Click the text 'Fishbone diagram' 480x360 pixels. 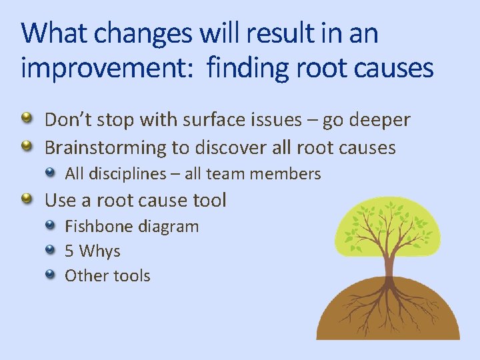(131, 227)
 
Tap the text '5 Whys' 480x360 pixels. (92, 251)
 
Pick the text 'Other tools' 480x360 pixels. (107, 275)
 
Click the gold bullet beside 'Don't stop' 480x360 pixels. (26, 119)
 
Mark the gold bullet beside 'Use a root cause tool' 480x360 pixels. (26, 199)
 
